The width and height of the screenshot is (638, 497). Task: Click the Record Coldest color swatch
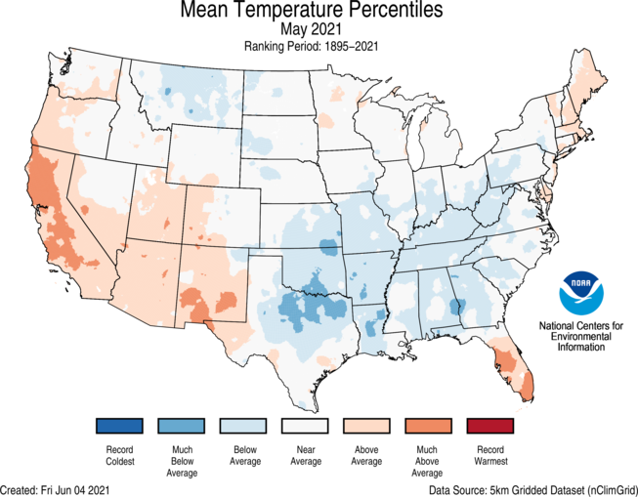point(120,426)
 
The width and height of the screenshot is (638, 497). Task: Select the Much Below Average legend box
point(182,426)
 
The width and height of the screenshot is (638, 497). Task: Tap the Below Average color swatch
point(243,426)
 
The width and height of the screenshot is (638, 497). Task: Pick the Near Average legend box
point(305,426)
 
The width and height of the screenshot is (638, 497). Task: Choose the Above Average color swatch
point(366,426)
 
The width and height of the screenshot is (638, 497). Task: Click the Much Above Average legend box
point(428,426)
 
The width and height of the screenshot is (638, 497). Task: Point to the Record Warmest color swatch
point(489,426)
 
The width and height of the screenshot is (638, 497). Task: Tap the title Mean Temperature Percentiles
point(312,11)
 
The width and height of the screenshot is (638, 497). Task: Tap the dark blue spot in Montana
point(167,93)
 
